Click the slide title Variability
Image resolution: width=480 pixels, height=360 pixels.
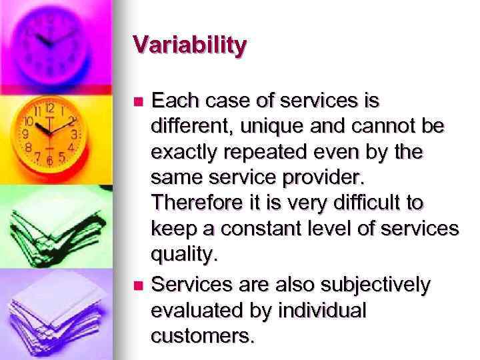click(x=190, y=46)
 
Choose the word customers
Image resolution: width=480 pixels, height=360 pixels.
click(x=203, y=335)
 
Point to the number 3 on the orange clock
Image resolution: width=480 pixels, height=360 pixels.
click(x=75, y=134)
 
